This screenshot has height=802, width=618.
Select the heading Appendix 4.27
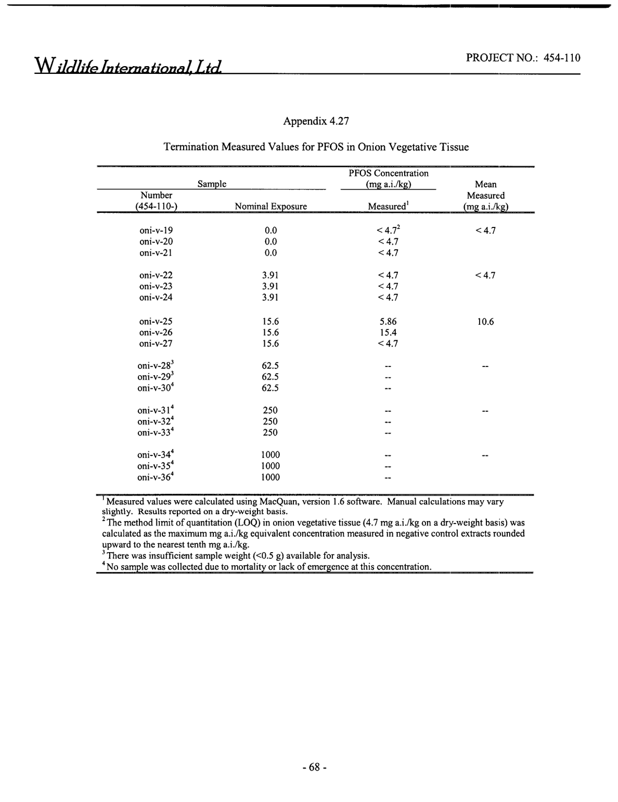point(316,121)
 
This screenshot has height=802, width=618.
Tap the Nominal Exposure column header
point(271,207)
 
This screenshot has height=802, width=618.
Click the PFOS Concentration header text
point(388,173)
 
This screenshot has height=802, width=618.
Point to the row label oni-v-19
point(156,231)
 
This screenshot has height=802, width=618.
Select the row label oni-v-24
point(156,298)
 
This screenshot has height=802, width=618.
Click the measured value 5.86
point(389,322)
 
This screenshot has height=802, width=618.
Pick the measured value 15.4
point(389,333)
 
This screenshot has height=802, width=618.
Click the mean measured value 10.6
point(485,322)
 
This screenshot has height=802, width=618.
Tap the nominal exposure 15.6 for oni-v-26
point(271,333)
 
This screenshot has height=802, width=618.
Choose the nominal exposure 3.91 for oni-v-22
point(271,275)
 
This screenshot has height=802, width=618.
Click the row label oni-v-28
point(154,366)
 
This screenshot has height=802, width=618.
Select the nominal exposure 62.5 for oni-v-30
point(270,388)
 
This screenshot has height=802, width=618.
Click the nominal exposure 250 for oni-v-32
point(270,422)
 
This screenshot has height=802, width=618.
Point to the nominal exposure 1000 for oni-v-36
point(270,477)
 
